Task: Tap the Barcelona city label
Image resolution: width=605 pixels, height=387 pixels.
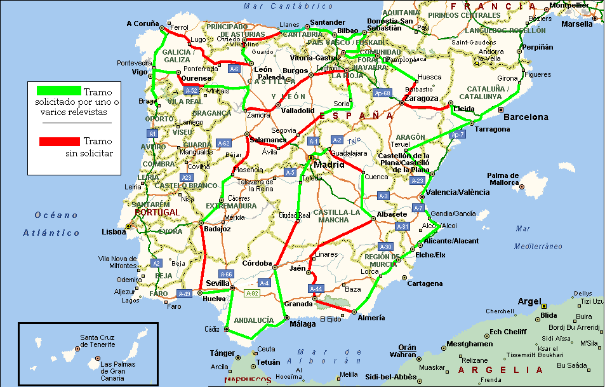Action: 526,117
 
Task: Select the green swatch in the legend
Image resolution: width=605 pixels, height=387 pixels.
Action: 59,91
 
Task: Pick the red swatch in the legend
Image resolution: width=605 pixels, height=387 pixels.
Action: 59,141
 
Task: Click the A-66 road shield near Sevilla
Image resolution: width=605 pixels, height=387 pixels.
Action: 226,274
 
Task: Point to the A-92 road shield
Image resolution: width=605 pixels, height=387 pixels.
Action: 252,292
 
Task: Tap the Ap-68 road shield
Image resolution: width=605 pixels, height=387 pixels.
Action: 382,93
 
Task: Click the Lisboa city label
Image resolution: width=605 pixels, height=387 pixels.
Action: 114,232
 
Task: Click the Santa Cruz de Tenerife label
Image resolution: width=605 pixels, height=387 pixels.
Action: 97,341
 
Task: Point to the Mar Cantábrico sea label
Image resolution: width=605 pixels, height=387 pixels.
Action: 279,6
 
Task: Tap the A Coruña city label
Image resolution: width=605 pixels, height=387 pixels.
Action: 142,24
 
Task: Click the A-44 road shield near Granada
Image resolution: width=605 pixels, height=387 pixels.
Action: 316,289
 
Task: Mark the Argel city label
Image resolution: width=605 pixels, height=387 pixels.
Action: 529,301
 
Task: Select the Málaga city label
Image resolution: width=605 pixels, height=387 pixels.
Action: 302,324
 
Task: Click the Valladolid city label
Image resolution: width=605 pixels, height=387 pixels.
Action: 298,111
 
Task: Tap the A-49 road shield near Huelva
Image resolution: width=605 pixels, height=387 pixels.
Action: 184,294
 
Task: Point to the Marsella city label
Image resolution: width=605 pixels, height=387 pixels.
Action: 577,24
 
